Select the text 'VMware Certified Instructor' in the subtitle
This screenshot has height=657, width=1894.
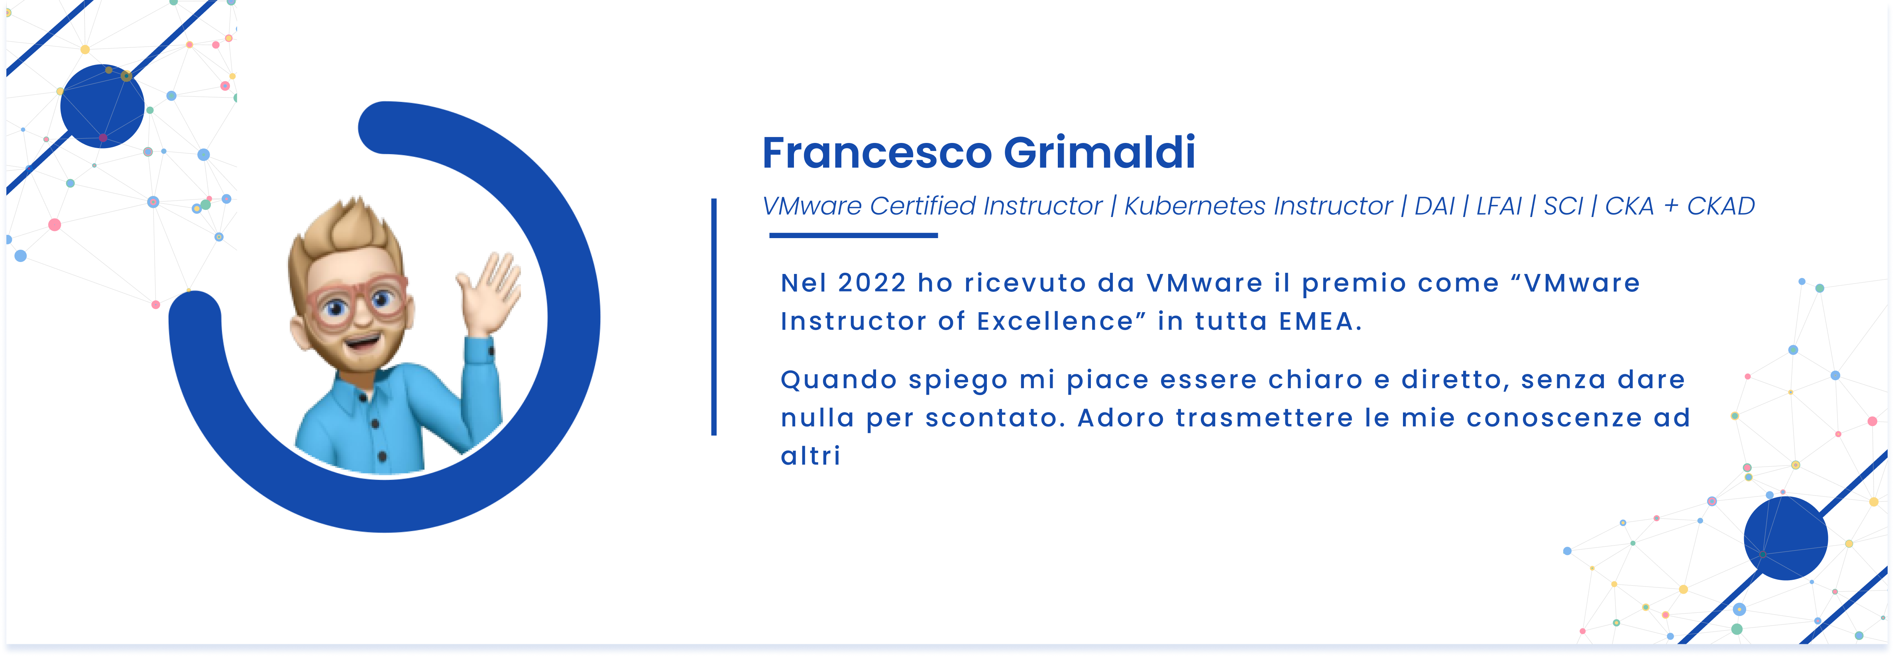932,207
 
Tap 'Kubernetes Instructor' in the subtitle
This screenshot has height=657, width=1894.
1258,207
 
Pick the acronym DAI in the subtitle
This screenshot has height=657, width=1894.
1434,207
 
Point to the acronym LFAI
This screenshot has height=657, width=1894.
1499,207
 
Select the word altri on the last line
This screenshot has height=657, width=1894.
810,456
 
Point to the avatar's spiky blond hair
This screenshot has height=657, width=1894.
346,235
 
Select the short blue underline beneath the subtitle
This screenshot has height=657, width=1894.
854,235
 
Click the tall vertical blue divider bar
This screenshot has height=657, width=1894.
714,317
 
